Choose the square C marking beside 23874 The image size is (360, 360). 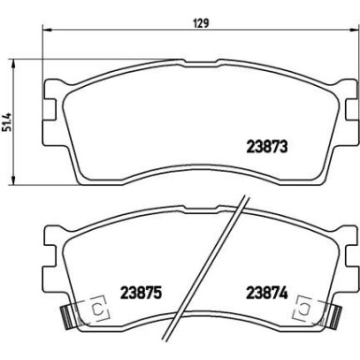coord(304,306)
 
